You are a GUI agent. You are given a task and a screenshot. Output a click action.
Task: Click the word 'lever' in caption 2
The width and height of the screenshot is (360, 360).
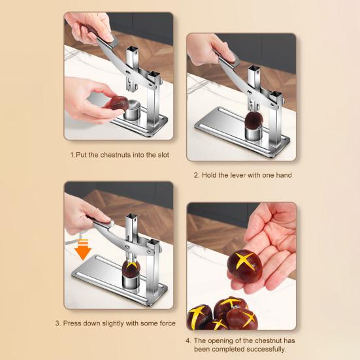237,175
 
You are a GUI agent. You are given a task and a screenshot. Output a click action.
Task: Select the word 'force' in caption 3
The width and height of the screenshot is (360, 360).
166,323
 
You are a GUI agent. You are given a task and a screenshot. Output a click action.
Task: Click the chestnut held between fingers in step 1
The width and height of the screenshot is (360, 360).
119,103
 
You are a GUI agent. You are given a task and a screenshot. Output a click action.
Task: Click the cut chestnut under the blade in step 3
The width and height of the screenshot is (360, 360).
131,267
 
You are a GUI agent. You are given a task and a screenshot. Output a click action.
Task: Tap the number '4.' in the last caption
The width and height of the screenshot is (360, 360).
188,340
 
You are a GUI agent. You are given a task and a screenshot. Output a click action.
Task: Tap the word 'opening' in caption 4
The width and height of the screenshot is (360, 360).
220,340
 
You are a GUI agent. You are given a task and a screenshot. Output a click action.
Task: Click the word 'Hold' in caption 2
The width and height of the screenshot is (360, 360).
210,175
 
